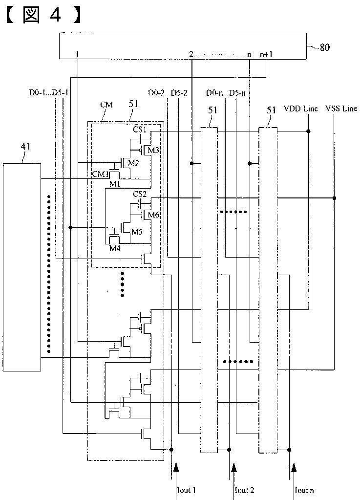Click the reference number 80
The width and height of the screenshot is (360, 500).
tap(325, 47)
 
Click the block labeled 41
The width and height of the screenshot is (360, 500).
tap(22, 267)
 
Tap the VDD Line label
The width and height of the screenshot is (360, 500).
tap(300, 109)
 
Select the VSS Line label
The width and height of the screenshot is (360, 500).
tap(341, 109)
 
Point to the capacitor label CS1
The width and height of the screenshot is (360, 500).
tap(140, 130)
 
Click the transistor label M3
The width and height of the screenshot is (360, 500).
tap(153, 150)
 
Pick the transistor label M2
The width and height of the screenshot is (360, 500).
tap(133, 163)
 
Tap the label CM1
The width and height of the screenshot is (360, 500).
tap(99, 174)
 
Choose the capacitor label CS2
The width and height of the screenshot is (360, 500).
tap(140, 194)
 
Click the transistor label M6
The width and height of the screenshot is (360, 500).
tap(153, 215)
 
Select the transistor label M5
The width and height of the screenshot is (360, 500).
tap(136, 232)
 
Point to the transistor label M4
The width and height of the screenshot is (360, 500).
tap(115, 248)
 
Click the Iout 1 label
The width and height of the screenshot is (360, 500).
tap(186, 490)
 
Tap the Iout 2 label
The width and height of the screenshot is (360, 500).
tap(245, 490)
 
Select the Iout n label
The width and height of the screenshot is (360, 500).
tap(305, 490)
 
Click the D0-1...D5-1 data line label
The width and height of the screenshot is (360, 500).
tap(48, 93)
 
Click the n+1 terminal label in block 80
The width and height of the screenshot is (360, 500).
tap(266, 55)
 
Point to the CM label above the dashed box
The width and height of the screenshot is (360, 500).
tap(106, 105)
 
